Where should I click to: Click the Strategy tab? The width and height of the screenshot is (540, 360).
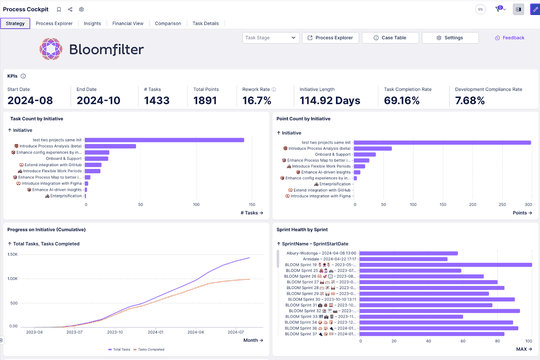click(x=15, y=22)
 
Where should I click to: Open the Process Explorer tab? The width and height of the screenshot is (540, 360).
click(x=54, y=22)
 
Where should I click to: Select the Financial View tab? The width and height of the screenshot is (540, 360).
click(x=127, y=22)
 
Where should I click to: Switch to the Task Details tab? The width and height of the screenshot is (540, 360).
click(x=205, y=22)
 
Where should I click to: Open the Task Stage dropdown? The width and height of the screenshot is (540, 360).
click(x=270, y=38)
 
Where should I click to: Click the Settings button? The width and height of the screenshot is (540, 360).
click(x=449, y=38)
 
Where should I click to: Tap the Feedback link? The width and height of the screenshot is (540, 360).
click(x=509, y=38)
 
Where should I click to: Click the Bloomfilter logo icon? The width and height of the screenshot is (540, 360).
click(x=51, y=48)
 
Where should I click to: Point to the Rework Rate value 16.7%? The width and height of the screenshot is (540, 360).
click(x=257, y=100)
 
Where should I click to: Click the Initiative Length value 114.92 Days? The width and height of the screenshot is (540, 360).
click(x=330, y=100)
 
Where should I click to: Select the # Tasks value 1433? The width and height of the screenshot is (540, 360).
click(x=156, y=100)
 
